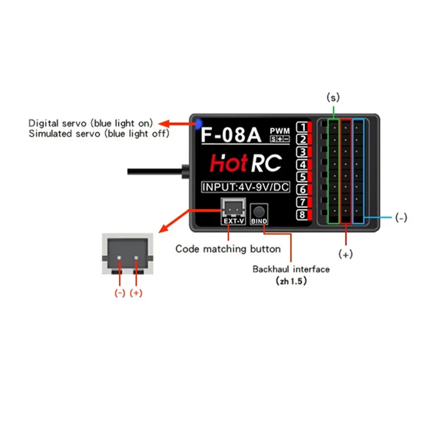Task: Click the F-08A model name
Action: pyautogui.click(x=231, y=135)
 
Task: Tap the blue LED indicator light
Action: pyautogui.click(x=198, y=124)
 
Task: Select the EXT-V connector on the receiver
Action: pyautogui.click(x=232, y=209)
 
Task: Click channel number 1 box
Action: pyautogui.click(x=303, y=127)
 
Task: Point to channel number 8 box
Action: pyautogui.click(x=303, y=215)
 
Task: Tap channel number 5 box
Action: pyautogui.click(x=303, y=177)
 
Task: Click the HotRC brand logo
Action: pyautogui.click(x=245, y=163)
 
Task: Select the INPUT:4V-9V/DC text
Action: pyautogui.click(x=246, y=187)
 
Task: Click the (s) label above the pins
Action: pyautogui.click(x=333, y=97)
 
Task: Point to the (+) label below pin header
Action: pyautogui.click(x=345, y=255)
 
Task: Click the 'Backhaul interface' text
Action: pyautogui.click(x=290, y=269)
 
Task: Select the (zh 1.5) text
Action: pyautogui.click(x=291, y=282)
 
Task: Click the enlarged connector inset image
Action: pyautogui.click(x=127, y=254)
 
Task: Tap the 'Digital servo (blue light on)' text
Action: pyautogui.click(x=91, y=123)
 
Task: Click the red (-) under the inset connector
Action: pyautogui.click(x=119, y=293)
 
